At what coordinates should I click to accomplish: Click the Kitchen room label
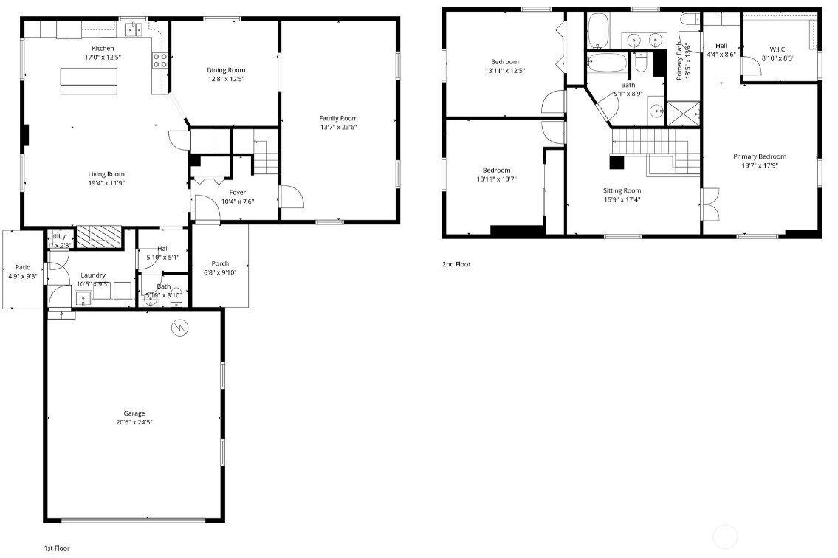pyautogui.click(x=103, y=49)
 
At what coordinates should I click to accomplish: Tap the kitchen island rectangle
pyautogui.click(x=89, y=81)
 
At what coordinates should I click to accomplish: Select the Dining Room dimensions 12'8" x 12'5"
pyautogui.click(x=225, y=79)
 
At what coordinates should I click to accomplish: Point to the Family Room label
pyautogui.click(x=338, y=118)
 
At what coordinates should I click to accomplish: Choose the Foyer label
pyautogui.click(x=237, y=193)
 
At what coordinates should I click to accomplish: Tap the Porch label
pyautogui.click(x=220, y=263)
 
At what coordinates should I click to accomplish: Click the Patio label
pyautogui.click(x=23, y=267)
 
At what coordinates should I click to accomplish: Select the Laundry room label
pyautogui.click(x=93, y=275)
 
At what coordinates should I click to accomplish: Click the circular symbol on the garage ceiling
pyautogui.click(x=179, y=328)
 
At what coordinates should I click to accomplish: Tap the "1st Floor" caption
pyautogui.click(x=58, y=548)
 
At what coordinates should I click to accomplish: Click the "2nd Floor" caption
pyautogui.click(x=456, y=264)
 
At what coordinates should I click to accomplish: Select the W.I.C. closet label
pyautogui.click(x=778, y=49)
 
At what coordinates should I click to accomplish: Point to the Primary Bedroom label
pyautogui.click(x=759, y=156)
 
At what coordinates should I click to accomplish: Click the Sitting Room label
pyautogui.click(x=622, y=190)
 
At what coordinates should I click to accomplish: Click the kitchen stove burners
pyautogui.click(x=159, y=61)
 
